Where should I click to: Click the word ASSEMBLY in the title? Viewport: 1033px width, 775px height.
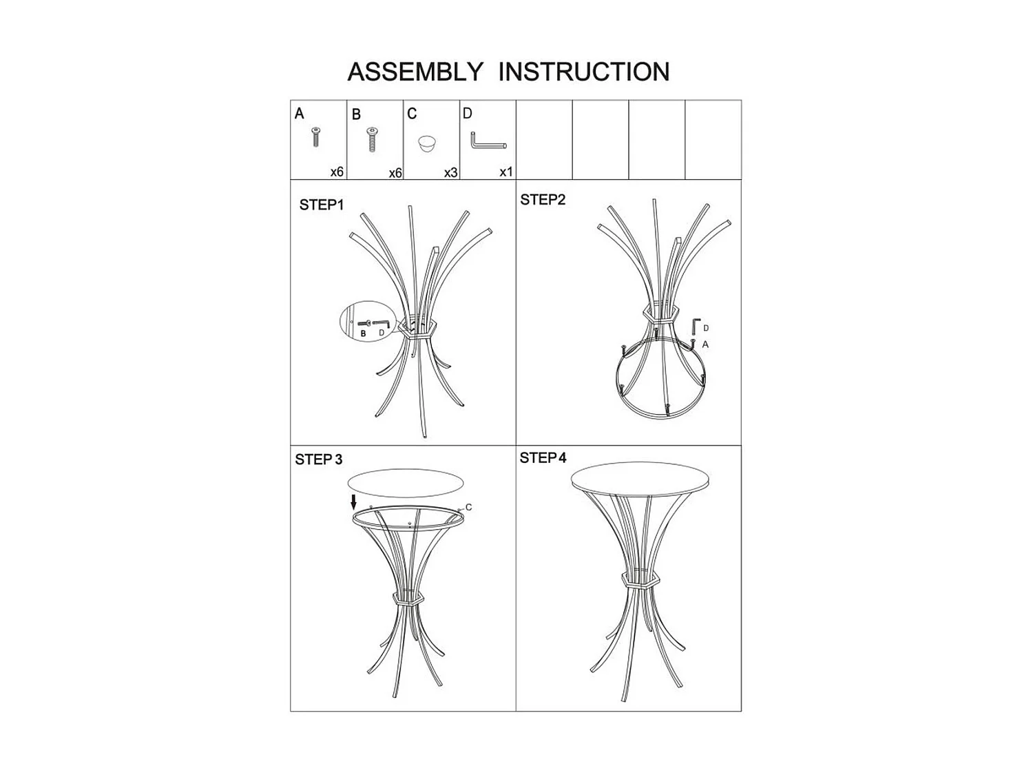pyautogui.click(x=415, y=72)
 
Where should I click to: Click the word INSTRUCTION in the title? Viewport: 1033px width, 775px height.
pyautogui.click(x=583, y=72)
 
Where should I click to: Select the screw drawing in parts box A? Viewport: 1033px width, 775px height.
pyautogui.click(x=316, y=136)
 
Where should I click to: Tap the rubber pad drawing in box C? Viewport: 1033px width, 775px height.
pyautogui.click(x=427, y=144)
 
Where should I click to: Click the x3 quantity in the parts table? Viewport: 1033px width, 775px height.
pyautogui.click(x=450, y=172)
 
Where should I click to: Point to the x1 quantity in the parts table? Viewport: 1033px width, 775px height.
pyautogui.click(x=506, y=172)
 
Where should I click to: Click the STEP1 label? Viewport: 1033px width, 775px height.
pyautogui.click(x=321, y=205)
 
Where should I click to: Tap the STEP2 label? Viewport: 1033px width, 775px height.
pyautogui.click(x=543, y=200)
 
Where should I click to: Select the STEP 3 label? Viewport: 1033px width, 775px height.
pyautogui.click(x=318, y=459)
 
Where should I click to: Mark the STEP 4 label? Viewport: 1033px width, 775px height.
pyautogui.click(x=543, y=458)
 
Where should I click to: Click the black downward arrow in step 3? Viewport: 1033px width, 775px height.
pyautogui.click(x=354, y=502)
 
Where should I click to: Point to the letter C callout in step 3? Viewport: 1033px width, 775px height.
pyautogui.click(x=468, y=508)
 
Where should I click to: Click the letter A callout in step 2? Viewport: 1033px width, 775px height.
pyautogui.click(x=705, y=344)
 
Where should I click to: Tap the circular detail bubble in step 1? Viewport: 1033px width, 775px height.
pyautogui.click(x=366, y=321)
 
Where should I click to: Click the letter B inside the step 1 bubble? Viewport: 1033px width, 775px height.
pyautogui.click(x=364, y=334)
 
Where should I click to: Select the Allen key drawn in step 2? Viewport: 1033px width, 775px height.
pyautogui.click(x=696, y=327)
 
